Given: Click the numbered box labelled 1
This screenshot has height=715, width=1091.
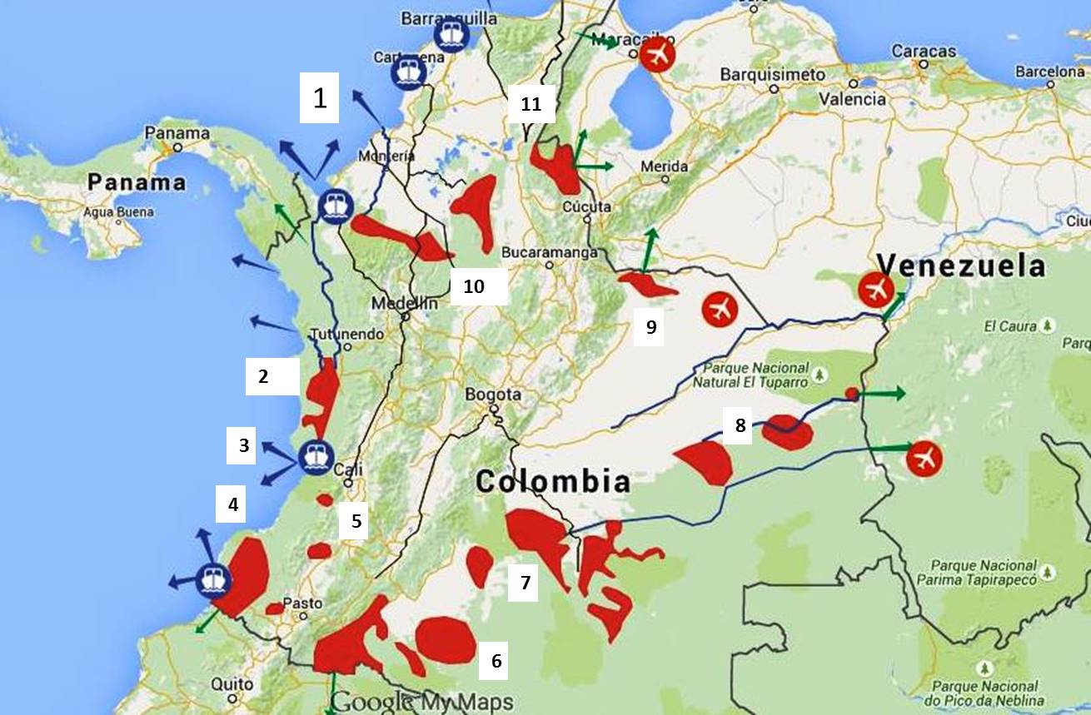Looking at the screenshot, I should pyautogui.click(x=320, y=99).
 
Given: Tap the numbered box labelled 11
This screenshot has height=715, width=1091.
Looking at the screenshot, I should pyautogui.click(x=531, y=106).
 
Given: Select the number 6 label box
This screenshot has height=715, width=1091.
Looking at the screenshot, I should pyautogui.click(x=496, y=661).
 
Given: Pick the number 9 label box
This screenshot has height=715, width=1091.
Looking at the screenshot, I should pyautogui.click(x=651, y=327).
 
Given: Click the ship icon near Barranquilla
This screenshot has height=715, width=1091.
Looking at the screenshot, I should pyautogui.click(x=451, y=36).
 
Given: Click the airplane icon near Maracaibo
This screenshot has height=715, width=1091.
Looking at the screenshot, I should pyautogui.click(x=657, y=56).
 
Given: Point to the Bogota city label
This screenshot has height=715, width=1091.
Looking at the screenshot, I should pyautogui.click(x=494, y=395).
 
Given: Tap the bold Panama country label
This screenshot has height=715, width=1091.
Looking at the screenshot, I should pyautogui.click(x=137, y=182).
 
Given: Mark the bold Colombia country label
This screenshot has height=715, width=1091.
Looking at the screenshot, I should pyautogui.click(x=552, y=481).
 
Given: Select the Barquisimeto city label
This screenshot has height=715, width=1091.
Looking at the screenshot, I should pyautogui.click(x=773, y=75).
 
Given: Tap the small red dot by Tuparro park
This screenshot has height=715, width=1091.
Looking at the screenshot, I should pyautogui.click(x=850, y=393).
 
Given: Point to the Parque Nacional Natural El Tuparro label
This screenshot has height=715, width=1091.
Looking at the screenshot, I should pyautogui.click(x=756, y=375).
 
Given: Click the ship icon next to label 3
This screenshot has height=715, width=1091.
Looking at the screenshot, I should pyautogui.click(x=316, y=456).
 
